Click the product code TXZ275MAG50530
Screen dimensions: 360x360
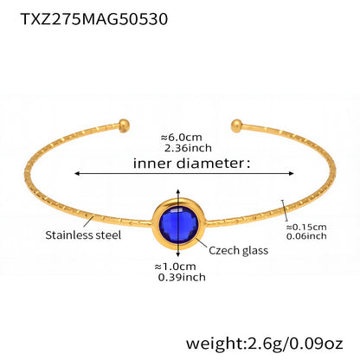point(94,19)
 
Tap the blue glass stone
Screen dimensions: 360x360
point(178,224)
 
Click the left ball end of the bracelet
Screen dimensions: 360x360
point(125,125)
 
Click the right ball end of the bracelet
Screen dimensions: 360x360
point(236,125)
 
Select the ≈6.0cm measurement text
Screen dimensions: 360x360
point(181,138)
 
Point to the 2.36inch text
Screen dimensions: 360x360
point(188,148)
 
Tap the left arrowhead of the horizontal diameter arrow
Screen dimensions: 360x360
point(76,173)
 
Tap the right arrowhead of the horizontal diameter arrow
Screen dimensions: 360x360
point(292,173)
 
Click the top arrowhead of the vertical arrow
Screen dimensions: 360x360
point(178,191)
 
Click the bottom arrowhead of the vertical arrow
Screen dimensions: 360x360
point(178,254)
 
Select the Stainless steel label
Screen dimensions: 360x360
point(83,235)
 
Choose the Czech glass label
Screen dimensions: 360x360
point(238,250)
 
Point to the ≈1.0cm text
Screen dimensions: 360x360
point(175,267)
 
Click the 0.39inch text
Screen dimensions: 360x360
point(182,278)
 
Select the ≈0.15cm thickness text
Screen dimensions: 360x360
point(306,227)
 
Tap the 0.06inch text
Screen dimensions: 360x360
point(306,236)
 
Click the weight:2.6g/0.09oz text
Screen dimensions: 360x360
point(264,344)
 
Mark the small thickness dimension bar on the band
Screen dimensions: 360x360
point(285,210)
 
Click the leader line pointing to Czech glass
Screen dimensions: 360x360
point(202,243)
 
